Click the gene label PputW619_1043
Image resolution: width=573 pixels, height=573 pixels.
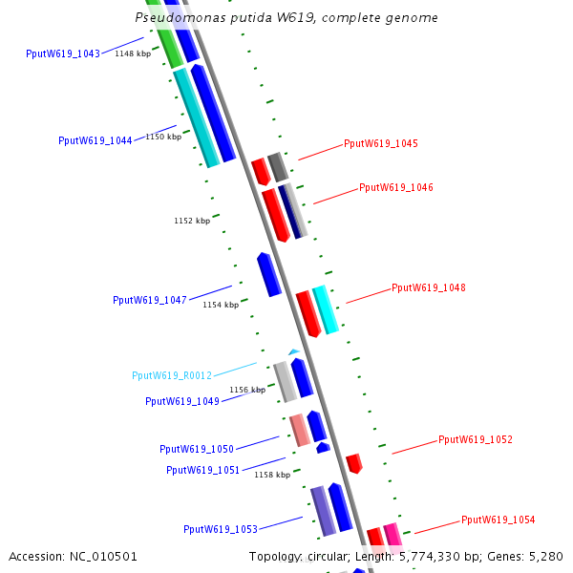click(x=63, y=53)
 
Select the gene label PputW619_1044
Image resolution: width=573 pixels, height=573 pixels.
click(x=95, y=140)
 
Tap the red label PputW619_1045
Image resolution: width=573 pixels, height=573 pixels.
click(x=381, y=143)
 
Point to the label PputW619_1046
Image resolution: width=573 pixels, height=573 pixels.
click(x=396, y=187)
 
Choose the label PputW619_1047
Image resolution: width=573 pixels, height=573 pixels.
click(x=150, y=300)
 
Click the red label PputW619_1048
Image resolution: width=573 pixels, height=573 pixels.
click(x=429, y=287)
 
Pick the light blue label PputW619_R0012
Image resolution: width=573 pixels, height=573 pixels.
click(x=172, y=375)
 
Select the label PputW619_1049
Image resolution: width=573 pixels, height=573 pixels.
click(x=182, y=401)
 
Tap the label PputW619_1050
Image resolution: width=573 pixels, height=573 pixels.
click(x=197, y=449)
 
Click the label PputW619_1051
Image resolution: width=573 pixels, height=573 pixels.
click(x=203, y=470)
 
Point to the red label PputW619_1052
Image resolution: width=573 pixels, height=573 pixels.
click(x=476, y=439)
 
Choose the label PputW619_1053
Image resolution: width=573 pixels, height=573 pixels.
click(x=221, y=529)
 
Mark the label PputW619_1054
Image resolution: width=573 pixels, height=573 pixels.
click(x=499, y=520)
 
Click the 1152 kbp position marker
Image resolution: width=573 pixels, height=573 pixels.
click(x=192, y=221)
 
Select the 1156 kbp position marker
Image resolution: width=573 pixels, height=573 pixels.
click(x=247, y=390)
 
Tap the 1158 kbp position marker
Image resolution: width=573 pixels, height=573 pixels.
click(x=272, y=475)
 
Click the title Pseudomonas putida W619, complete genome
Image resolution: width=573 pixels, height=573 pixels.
click(x=286, y=17)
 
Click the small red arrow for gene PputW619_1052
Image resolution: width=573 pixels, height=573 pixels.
click(x=354, y=463)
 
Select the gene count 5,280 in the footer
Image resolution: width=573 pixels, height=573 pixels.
click(x=544, y=556)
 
